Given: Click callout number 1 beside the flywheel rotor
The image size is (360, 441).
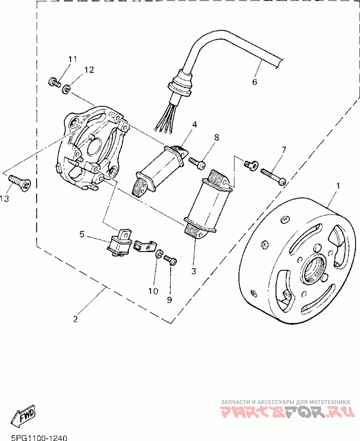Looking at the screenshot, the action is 338,186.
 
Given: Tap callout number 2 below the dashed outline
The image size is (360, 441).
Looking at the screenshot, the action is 75,319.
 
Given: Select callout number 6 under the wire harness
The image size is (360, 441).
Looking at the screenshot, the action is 254,82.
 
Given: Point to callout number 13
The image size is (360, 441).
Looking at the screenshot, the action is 4,199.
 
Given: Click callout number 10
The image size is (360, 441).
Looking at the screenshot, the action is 153,291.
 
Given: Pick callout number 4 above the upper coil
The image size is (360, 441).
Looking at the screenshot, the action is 194,124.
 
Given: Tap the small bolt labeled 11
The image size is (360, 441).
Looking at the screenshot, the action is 54,82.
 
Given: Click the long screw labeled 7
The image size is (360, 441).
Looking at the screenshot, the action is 274,176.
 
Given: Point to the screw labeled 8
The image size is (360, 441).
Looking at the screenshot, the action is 197,163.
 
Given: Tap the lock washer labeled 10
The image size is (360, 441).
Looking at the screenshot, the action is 158,254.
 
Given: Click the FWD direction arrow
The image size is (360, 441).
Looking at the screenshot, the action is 24,416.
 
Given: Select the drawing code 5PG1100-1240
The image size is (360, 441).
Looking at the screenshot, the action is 39,438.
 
